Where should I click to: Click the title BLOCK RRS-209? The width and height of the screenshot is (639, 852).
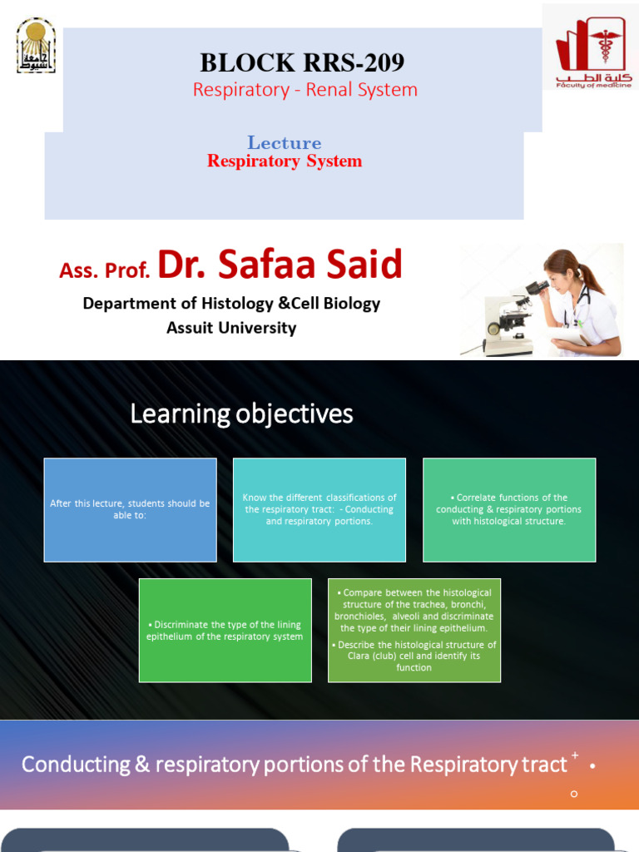302,62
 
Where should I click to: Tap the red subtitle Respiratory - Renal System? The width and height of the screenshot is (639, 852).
305,90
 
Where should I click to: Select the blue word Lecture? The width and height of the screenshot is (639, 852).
284,142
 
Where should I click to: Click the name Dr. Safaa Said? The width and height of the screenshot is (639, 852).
280,265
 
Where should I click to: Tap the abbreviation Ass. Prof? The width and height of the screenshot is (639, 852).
105,270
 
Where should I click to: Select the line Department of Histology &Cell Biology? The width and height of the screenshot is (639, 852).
231,304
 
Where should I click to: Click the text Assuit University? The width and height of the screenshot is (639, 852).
231,328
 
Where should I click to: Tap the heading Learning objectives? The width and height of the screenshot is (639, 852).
241,414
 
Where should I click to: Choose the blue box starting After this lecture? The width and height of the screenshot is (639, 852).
130,509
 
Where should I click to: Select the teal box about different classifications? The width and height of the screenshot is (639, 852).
319,509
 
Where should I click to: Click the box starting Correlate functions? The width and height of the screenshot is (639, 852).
509,509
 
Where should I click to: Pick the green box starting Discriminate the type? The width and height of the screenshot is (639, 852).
225,631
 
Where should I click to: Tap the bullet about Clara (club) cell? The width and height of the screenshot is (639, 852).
414,656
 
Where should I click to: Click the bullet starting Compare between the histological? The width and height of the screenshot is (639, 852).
414,610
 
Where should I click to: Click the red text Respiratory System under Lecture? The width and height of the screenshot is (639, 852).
285,161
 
